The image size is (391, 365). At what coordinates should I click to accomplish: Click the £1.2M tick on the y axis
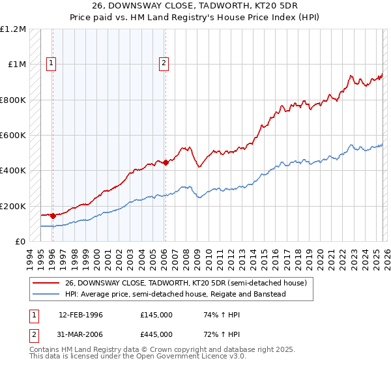(x=13, y=29)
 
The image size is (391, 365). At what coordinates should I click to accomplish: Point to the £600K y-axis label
(x=13, y=136)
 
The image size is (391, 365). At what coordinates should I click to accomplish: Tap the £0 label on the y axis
(x=20, y=242)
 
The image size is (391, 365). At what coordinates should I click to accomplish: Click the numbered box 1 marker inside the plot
(x=51, y=63)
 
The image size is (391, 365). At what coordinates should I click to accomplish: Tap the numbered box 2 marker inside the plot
(x=164, y=63)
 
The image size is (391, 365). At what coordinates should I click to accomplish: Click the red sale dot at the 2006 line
(x=166, y=163)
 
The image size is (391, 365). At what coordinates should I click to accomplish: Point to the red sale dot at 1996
(x=53, y=216)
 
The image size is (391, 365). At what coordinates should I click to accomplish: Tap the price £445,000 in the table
(x=156, y=334)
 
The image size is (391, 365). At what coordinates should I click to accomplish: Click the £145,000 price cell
(x=156, y=315)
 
